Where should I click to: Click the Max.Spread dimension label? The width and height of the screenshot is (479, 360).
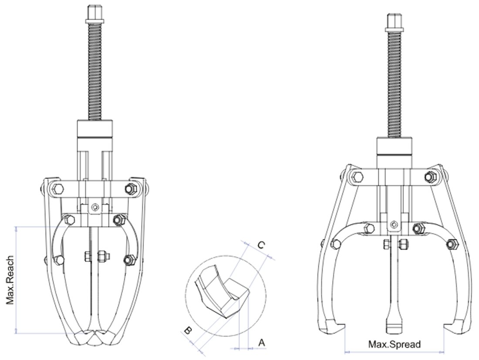pos(395,344)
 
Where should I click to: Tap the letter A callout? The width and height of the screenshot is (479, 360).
pos(261,343)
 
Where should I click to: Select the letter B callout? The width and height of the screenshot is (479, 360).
pos(188,331)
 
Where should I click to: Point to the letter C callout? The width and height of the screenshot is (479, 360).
pos(260,246)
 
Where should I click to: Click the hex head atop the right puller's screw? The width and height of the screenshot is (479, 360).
pos(393,21)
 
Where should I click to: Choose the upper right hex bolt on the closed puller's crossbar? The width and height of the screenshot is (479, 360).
pos(129,189)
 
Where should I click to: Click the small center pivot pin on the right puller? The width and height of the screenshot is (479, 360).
pos(394,225)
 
